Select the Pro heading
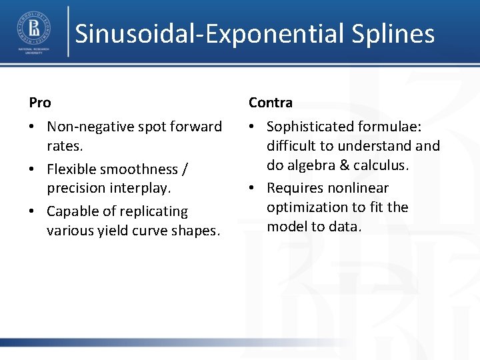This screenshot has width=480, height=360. pos(40,103)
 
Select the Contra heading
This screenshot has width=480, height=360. pos(271,103)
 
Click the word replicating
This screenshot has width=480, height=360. pos(155,211)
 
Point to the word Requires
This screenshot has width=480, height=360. pos(294,188)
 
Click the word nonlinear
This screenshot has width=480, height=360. pos(358,188)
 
